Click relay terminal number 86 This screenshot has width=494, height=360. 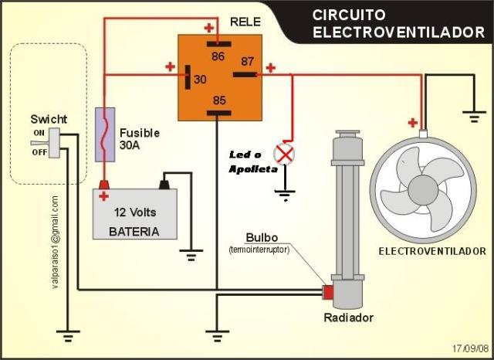[218, 44]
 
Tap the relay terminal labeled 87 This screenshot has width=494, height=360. [245, 74]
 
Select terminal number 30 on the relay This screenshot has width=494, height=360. [188, 77]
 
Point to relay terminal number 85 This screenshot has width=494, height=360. [218, 113]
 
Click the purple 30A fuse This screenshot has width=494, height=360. [105, 134]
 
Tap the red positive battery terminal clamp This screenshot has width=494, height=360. [103, 185]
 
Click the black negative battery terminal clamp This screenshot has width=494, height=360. [164, 185]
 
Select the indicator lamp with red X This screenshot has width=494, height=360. [284, 155]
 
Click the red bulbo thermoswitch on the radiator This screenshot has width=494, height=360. [328, 292]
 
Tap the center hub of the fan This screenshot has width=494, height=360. [423, 190]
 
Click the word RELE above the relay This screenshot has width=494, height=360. [245, 22]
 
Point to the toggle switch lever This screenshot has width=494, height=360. [40, 143]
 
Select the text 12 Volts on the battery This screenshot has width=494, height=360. [135, 212]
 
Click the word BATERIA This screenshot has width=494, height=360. [134, 232]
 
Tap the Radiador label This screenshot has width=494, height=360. [348, 318]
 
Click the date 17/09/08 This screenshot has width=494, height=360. [471, 348]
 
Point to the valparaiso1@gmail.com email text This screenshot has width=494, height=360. [55, 243]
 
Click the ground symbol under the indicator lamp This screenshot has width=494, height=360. [285, 195]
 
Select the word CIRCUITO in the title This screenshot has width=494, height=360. [349, 15]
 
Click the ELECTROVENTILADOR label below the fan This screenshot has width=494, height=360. [432, 251]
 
